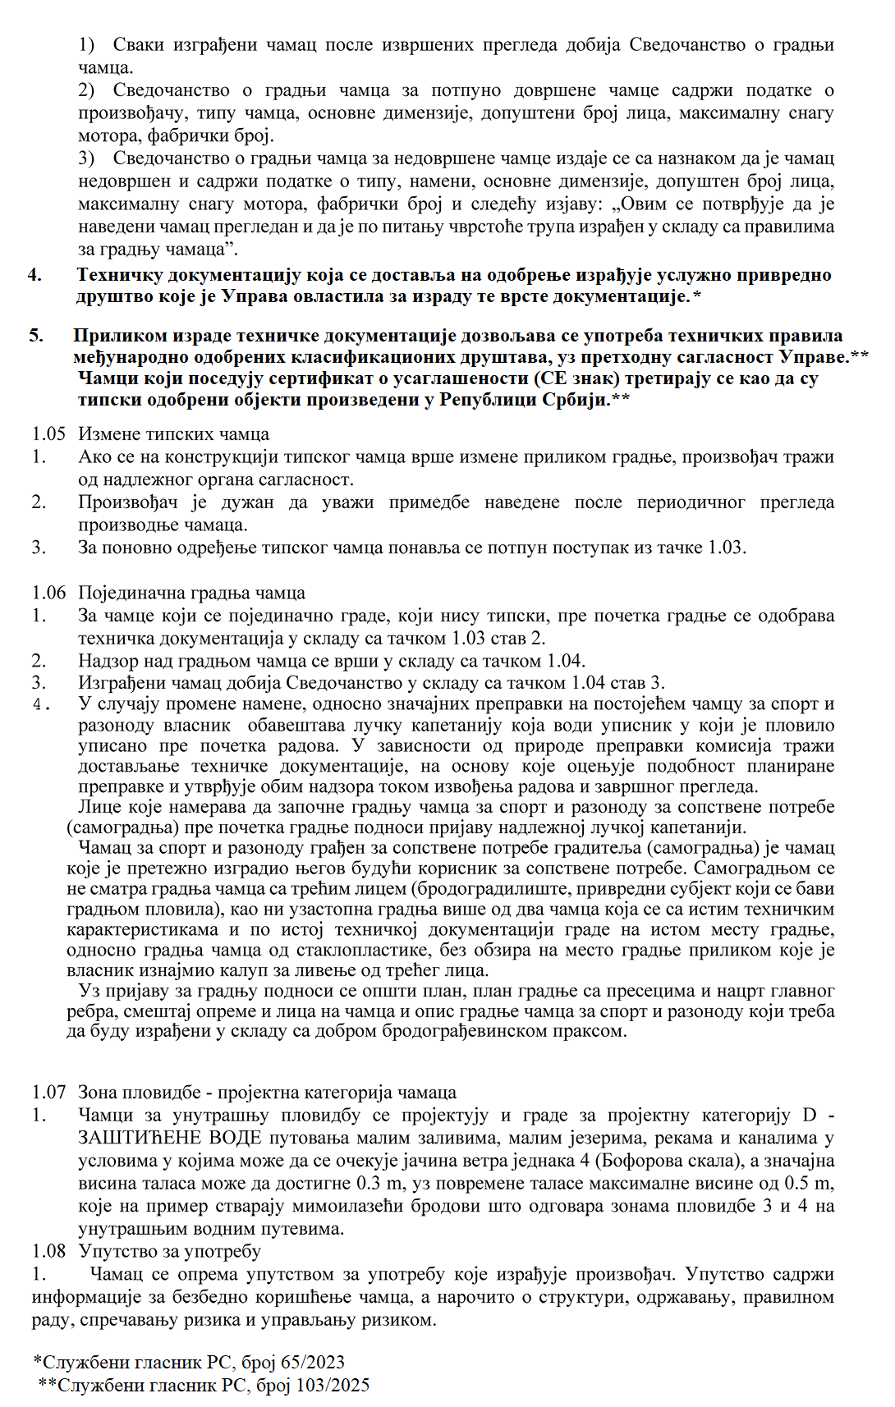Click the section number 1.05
coord(48,433)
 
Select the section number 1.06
coord(48,593)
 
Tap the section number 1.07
coord(48,1092)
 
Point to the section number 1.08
coord(48,1251)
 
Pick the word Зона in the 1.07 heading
coord(97,1092)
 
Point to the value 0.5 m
coord(810,1183)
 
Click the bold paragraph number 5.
coord(35,335)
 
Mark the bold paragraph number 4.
coord(34,274)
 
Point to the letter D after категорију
coord(810,1115)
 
